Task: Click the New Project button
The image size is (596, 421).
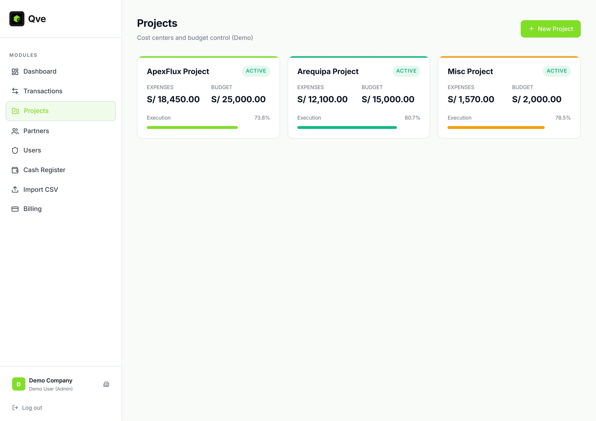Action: click(x=550, y=29)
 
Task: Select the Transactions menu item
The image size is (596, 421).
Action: click(x=43, y=91)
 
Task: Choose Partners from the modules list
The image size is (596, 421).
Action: click(x=36, y=131)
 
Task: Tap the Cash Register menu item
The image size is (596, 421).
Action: click(x=44, y=170)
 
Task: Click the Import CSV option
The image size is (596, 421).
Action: click(x=41, y=190)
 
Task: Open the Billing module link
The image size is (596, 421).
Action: click(x=32, y=209)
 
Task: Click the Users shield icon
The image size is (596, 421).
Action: click(x=15, y=150)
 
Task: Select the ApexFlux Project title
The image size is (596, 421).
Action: click(x=178, y=71)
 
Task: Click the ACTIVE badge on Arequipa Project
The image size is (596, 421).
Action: click(x=406, y=71)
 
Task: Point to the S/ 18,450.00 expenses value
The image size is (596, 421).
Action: click(x=173, y=99)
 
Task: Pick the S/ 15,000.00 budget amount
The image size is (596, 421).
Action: click(x=388, y=99)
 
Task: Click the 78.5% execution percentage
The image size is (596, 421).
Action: click(x=563, y=118)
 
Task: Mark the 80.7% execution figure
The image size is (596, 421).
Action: click(x=412, y=118)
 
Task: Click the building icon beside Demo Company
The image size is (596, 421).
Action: click(x=106, y=384)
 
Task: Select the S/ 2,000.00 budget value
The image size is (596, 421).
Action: click(x=537, y=99)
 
